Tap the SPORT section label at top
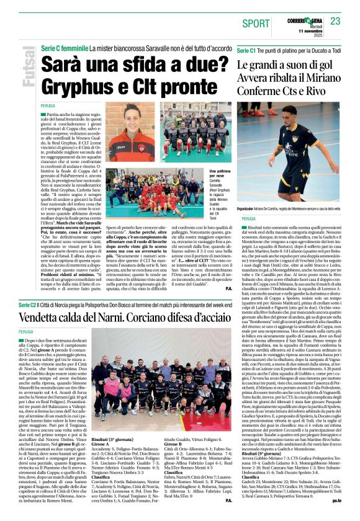pos(256,23)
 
